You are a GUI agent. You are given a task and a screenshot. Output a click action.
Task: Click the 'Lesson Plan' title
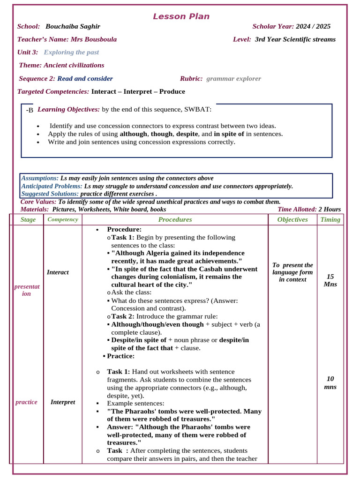[181, 17]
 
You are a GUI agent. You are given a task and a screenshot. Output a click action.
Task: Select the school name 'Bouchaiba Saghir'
[73, 27]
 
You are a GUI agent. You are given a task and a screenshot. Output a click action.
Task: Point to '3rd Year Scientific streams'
[295, 39]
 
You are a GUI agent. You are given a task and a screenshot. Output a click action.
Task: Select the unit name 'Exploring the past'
[71, 52]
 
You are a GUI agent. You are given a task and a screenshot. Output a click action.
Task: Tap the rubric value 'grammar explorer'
[233, 78]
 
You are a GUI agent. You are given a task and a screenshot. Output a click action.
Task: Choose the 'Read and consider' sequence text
[85, 78]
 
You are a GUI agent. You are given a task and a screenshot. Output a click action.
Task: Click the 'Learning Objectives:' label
[68, 109]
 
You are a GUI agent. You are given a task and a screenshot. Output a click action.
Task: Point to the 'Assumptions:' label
[40, 178]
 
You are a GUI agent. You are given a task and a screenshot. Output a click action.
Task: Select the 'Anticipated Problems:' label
[52, 186]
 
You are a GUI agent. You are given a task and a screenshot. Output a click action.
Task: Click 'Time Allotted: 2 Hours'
[309, 210]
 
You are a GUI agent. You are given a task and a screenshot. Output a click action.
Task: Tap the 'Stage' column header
[28, 219]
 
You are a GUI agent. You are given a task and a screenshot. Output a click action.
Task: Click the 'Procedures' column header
[175, 219]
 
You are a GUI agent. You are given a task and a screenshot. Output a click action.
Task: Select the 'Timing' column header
[330, 219]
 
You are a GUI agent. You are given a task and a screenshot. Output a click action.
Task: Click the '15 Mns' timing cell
[330, 280]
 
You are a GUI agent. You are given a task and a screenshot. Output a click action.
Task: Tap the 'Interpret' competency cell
[63, 402]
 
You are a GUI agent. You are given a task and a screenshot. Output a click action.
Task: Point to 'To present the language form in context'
[292, 272]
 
